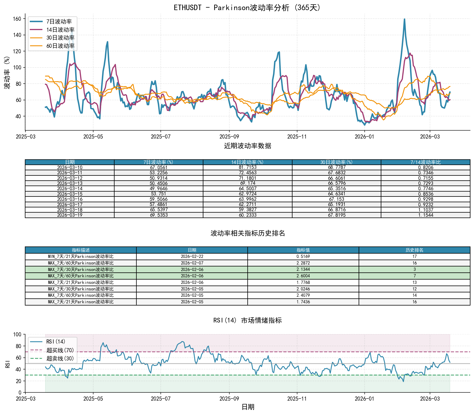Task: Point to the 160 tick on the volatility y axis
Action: click(x=17, y=19)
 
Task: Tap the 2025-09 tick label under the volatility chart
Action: click(x=229, y=137)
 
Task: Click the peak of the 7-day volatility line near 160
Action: click(x=404, y=19)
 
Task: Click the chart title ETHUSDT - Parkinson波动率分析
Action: click(x=248, y=8)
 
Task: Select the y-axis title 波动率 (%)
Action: click(x=7, y=72)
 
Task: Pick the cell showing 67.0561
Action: click(x=159, y=168)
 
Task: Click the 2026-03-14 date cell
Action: click(x=70, y=189)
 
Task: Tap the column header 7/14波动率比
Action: click(x=425, y=162)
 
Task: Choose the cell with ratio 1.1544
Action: click(x=425, y=215)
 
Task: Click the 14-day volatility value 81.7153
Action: click(x=247, y=168)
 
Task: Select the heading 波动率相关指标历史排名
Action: click(x=248, y=233)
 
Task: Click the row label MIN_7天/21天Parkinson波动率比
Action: click(x=81, y=257)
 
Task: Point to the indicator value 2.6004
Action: click(x=303, y=276)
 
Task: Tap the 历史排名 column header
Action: click(x=414, y=250)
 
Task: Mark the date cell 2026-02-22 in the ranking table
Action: click(x=192, y=257)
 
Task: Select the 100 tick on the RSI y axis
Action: click(x=17, y=334)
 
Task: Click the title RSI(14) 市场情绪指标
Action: click(x=248, y=320)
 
